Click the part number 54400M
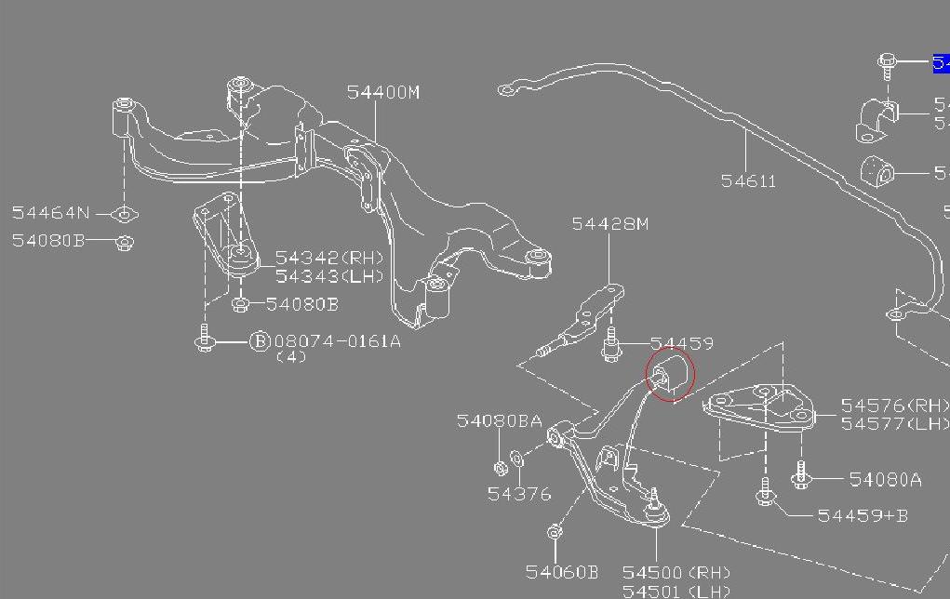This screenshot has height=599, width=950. pos(383,92)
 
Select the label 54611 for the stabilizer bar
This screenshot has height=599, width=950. pos(748,181)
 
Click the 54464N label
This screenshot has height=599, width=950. pos(53,213)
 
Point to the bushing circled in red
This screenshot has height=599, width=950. pos(670,374)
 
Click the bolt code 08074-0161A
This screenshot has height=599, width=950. pos(337,341)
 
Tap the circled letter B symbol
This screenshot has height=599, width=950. pos(260,341)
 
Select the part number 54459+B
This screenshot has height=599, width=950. pos(863,514)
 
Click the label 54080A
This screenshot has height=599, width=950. pos(885,480)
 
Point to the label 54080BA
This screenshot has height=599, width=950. pos(499,421)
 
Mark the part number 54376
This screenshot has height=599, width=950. pos(519,494)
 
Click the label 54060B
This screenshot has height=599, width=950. pos(561,572)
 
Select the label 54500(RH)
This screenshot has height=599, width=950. pos(676,572)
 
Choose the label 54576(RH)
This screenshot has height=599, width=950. pos(894,406)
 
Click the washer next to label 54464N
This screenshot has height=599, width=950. pos(124,215)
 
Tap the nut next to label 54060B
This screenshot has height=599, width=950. pos(555,533)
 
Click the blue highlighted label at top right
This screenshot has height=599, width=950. pos(941,63)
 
